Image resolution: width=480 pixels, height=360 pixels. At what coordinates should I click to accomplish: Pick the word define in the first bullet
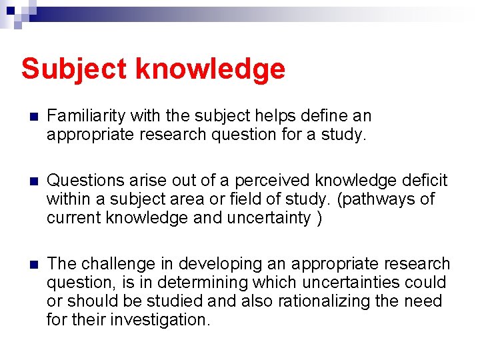[308, 116]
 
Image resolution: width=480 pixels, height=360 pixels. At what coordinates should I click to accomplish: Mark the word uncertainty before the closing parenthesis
[270, 218]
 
